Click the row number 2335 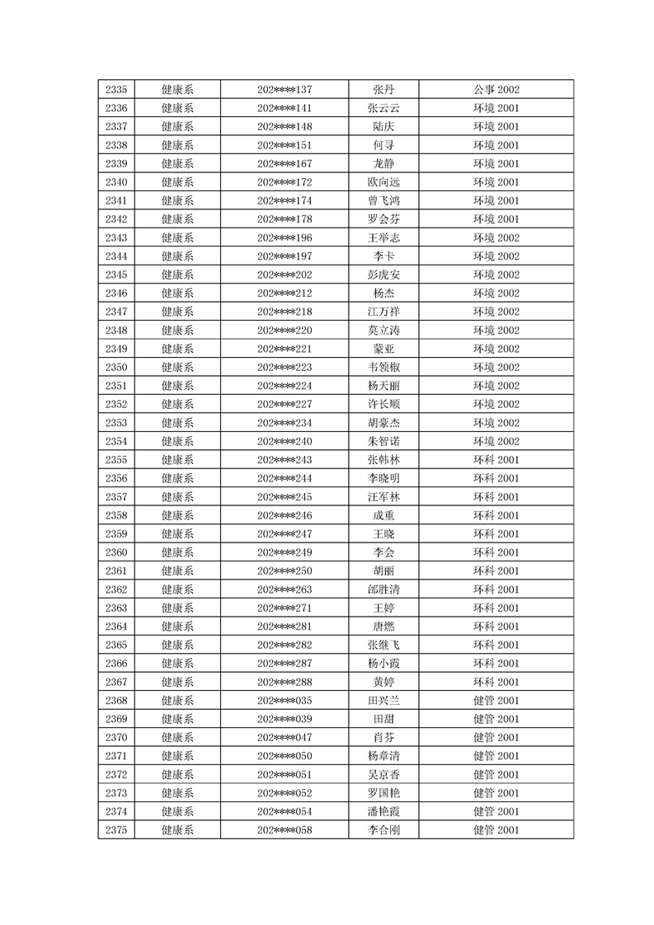[116, 90]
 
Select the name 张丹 [383, 90]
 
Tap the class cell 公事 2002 [496, 90]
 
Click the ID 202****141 [285, 108]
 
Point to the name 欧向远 [383, 182]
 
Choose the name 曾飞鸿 [383, 201]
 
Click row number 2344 [116, 256]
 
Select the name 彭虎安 [383, 275]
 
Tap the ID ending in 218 [285, 312]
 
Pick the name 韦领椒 [383, 368]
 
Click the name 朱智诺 [383, 441]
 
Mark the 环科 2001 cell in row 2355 [496, 460]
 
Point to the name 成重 [383, 515]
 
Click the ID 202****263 [285, 589]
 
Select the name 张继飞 [383, 645]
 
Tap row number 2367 [116, 682]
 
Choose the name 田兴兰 [383, 701]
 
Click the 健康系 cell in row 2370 [177, 738]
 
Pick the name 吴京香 [383, 775]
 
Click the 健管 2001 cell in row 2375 [496, 830]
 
